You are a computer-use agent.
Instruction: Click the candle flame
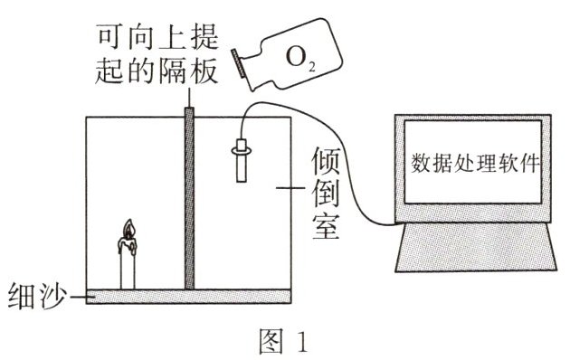[x=129, y=229]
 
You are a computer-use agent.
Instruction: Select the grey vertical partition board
[x=189, y=198]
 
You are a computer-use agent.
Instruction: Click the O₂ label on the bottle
[x=299, y=58]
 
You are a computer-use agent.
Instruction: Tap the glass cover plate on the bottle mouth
[x=238, y=63]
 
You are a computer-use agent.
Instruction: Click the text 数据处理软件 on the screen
[x=474, y=163]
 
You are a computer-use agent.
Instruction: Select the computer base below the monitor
[x=476, y=247]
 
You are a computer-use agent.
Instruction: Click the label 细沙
[x=37, y=296]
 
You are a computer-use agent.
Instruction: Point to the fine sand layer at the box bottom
[x=189, y=297]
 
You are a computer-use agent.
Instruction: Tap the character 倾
[x=326, y=161]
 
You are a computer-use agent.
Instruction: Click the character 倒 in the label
[x=326, y=193]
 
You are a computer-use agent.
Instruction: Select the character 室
[x=326, y=225]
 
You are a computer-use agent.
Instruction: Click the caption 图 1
[x=283, y=341]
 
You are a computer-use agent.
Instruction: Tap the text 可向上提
[x=157, y=36]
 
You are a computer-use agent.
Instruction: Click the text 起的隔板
[x=157, y=70]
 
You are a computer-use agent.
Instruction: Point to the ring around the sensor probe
[x=242, y=149]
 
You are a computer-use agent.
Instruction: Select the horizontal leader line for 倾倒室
[x=290, y=188]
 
